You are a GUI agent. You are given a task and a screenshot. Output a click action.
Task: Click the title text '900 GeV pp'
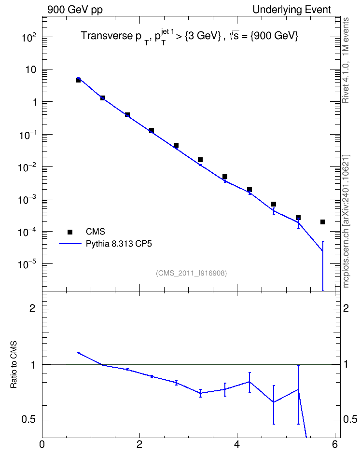point(75,10)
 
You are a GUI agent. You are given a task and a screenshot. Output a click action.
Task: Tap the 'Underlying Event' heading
point(292,10)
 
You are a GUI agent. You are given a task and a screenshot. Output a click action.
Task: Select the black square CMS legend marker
point(70,232)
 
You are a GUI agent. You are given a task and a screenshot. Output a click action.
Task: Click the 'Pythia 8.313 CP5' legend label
point(119,244)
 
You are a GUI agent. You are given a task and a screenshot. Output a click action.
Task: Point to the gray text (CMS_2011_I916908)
point(191,273)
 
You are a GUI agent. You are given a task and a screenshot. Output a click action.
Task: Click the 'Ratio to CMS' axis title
point(14,364)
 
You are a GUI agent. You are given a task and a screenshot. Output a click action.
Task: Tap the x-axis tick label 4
point(237,444)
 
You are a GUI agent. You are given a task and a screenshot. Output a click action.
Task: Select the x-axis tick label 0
point(42,444)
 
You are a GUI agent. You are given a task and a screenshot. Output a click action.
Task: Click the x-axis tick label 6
point(334,444)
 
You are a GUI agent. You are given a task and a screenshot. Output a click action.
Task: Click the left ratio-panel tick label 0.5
point(28,420)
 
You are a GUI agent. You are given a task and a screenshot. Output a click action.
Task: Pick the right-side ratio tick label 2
point(346,308)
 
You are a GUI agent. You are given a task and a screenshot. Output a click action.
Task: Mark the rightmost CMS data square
point(322,222)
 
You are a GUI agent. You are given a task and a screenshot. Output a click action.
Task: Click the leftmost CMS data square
point(78,80)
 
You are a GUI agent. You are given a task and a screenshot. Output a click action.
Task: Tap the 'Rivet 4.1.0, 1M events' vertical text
point(346,60)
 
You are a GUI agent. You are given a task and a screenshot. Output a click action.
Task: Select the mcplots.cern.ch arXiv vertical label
point(346,221)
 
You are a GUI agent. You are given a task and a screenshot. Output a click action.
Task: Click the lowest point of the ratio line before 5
point(274,402)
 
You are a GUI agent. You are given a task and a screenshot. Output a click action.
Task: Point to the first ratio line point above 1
point(78,353)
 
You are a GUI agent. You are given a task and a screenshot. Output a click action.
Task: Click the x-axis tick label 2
point(139,444)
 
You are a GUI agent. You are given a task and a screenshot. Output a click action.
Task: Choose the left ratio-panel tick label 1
point(33,365)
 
